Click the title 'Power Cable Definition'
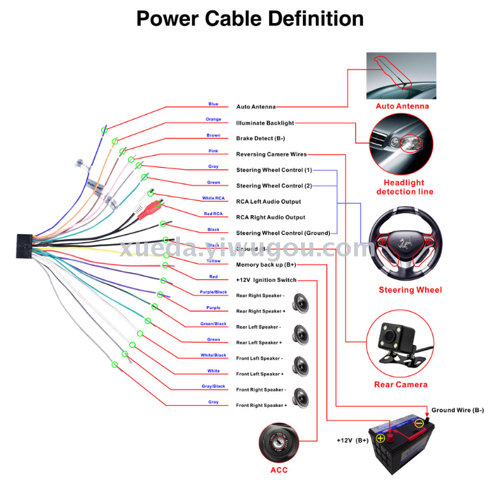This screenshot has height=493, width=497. click(x=250, y=18)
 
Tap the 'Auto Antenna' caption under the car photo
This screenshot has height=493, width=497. click(x=402, y=107)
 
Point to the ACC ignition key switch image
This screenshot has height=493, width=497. click(x=279, y=441)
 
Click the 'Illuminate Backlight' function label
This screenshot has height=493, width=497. click(x=265, y=123)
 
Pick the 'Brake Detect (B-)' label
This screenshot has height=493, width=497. click(x=260, y=138)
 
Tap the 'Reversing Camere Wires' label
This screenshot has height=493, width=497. click(x=271, y=154)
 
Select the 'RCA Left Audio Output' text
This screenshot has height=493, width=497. click(x=268, y=202)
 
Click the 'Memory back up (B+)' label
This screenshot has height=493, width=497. click(x=266, y=265)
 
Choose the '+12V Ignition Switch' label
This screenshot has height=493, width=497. click(x=266, y=280)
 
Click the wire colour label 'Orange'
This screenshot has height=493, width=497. click(x=213, y=119)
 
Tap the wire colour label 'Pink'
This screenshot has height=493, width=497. click(x=213, y=151)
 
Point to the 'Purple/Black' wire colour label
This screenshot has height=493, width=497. click(x=213, y=292)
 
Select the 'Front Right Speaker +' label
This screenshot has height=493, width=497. click(x=261, y=406)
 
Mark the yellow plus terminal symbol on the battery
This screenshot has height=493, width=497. click(x=380, y=438)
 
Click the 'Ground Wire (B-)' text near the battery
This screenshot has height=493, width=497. click(x=457, y=410)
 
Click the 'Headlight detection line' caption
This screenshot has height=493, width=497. click(x=404, y=188)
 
